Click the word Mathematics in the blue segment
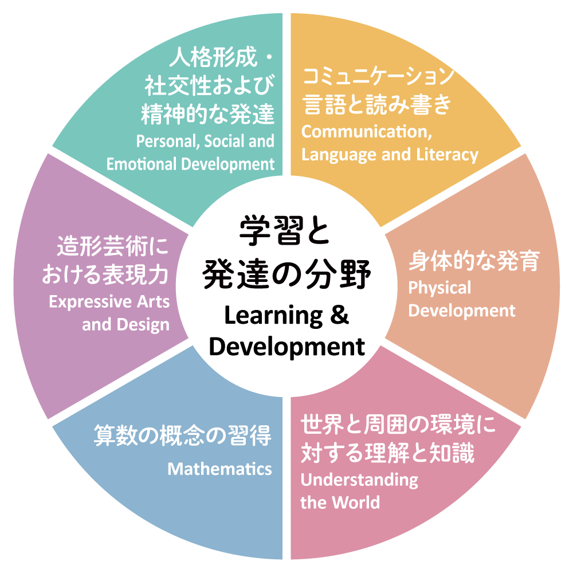click(x=219, y=469)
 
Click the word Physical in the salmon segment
click(x=439, y=288)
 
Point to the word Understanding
click(x=359, y=480)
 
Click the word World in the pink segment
click(x=357, y=503)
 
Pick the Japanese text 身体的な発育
click(x=474, y=261)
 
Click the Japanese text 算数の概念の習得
click(x=182, y=437)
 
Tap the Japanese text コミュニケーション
click(x=378, y=76)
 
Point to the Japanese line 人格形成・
click(x=221, y=59)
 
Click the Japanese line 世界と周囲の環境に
click(x=398, y=426)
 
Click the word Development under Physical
click(x=462, y=311)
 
